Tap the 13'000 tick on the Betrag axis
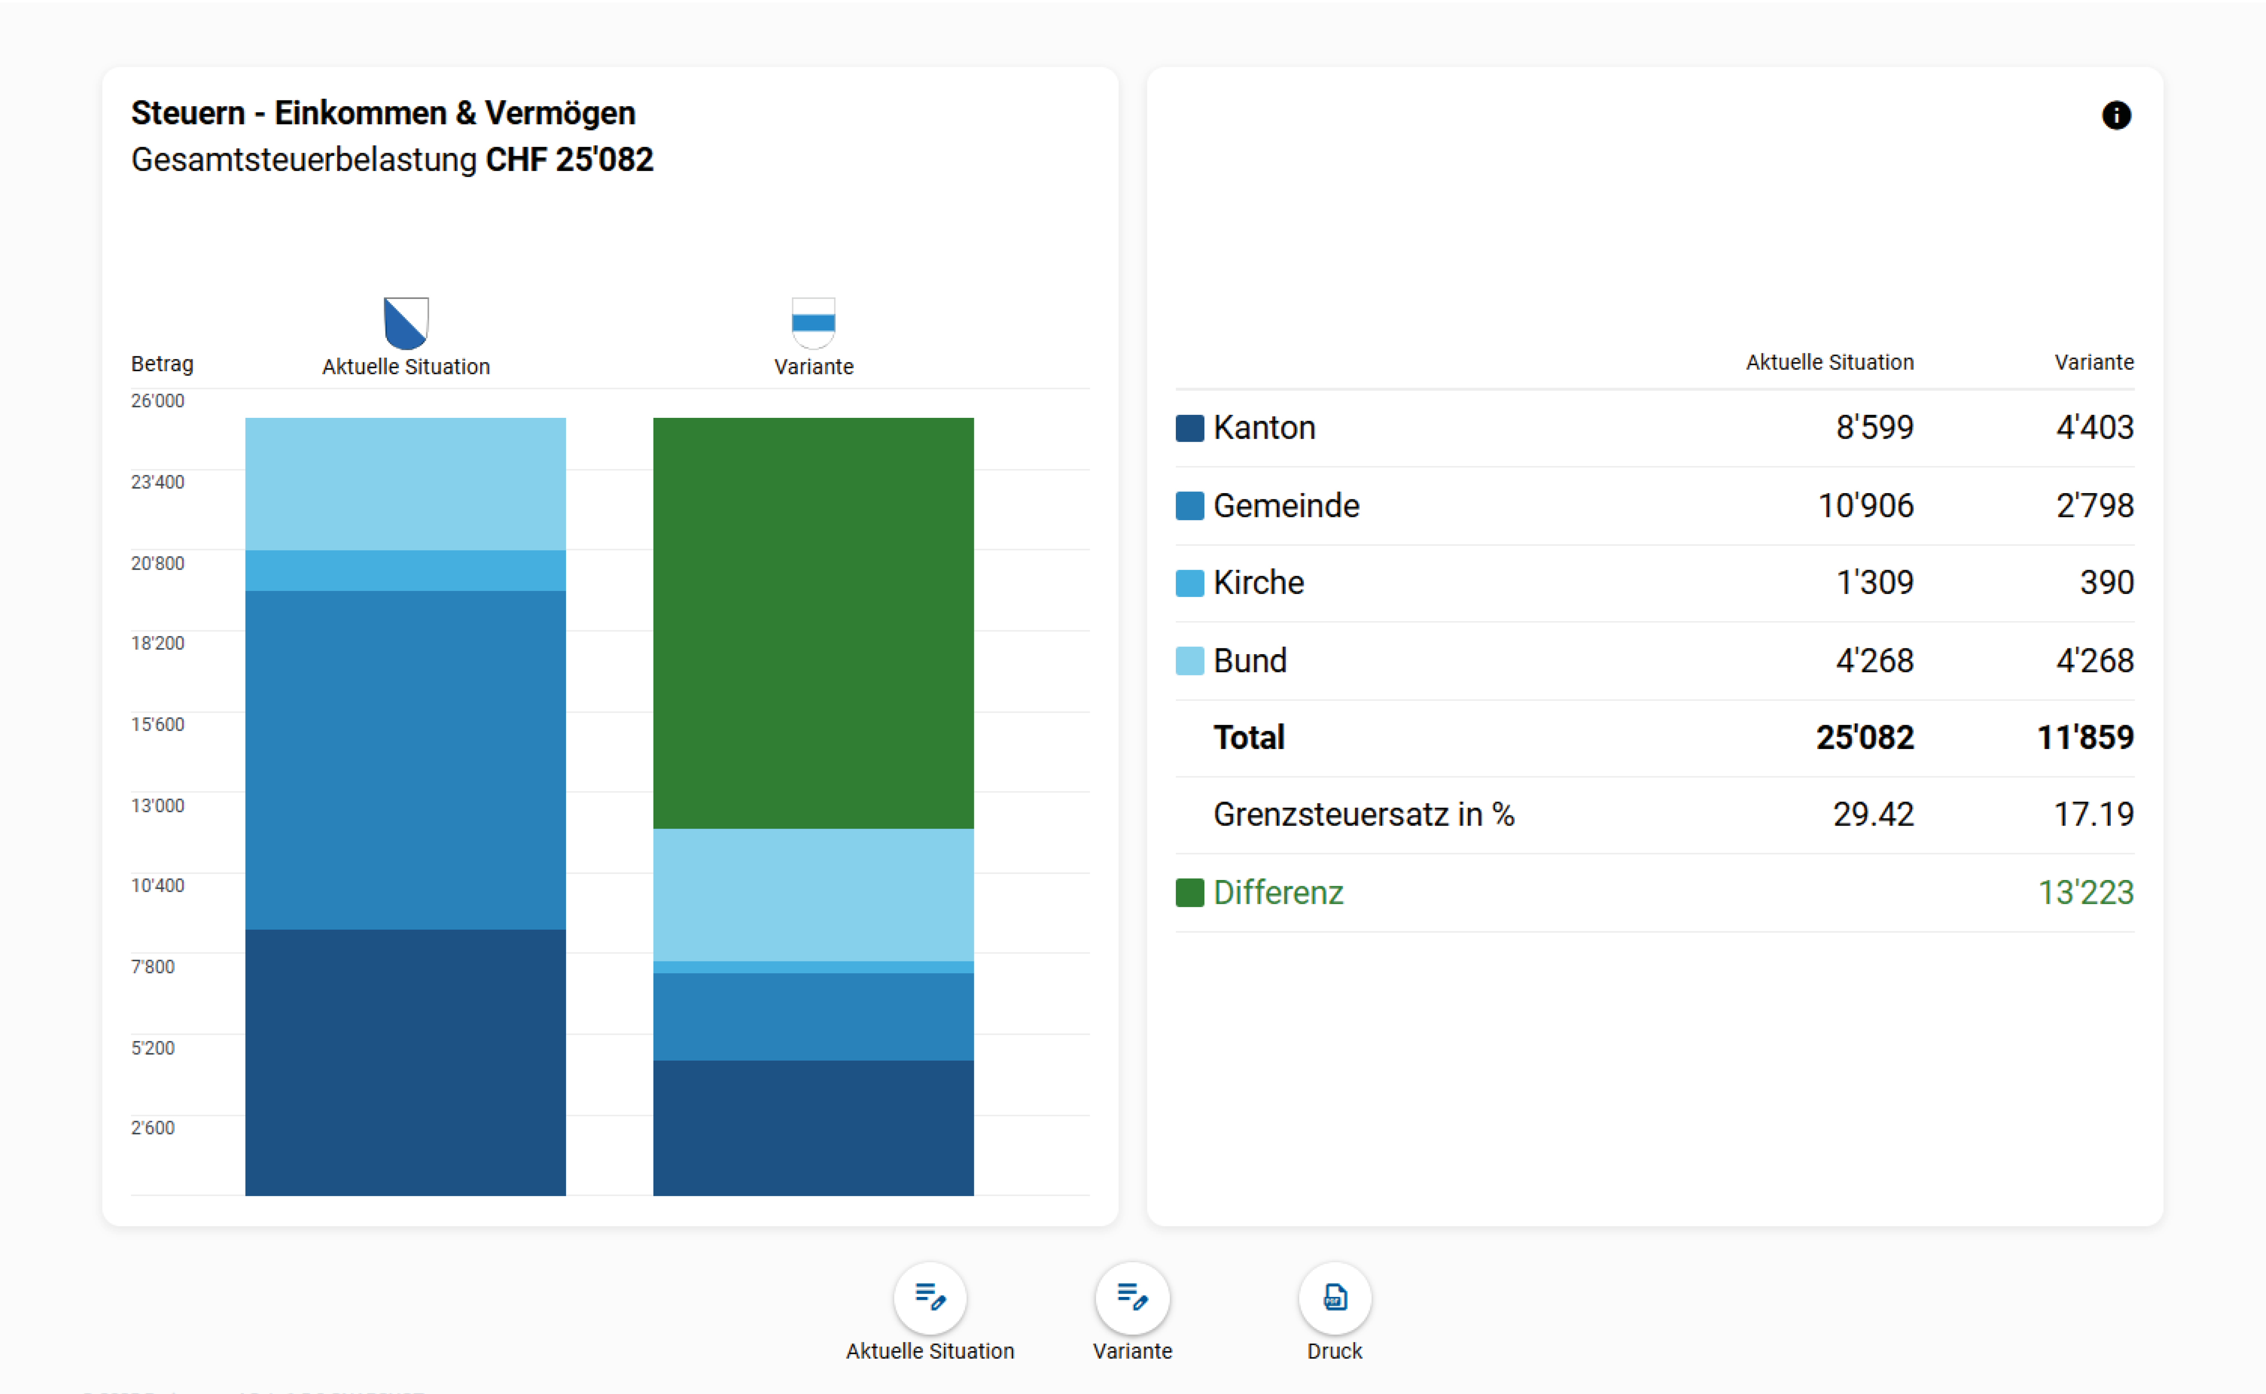coord(158,806)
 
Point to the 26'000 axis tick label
coord(158,401)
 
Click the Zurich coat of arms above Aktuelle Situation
coord(406,322)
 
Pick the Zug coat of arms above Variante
coord(813,322)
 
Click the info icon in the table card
coord(2116,115)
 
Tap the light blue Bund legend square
coord(1189,661)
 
